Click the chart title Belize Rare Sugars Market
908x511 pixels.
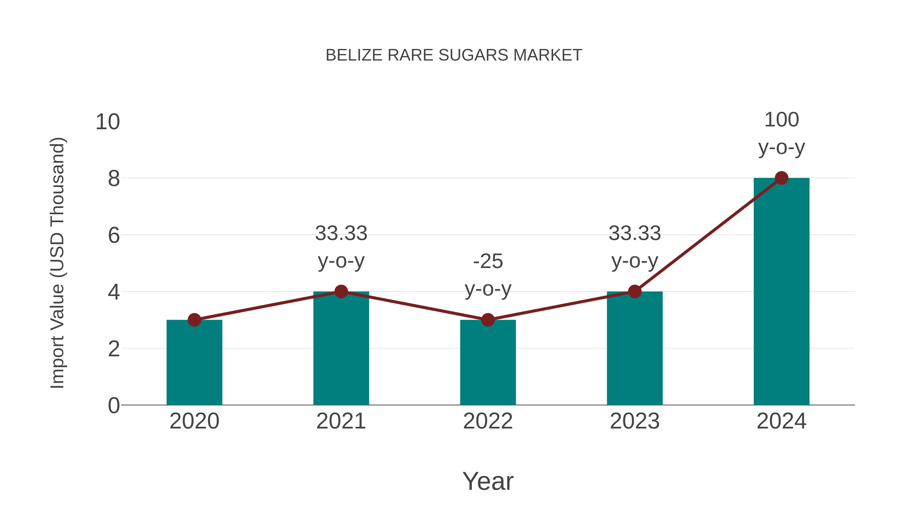(x=454, y=55)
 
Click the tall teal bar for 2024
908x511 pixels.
(x=781, y=293)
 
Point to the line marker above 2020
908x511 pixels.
(x=194, y=320)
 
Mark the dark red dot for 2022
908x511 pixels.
(x=488, y=320)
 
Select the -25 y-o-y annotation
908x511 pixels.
(x=488, y=275)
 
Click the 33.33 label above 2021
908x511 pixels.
(x=341, y=233)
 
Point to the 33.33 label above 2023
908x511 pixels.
(x=635, y=233)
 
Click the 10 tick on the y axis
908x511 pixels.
(x=108, y=122)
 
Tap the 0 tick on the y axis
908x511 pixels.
(x=114, y=406)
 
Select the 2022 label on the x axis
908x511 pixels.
(x=488, y=421)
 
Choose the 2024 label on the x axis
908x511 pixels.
(x=781, y=421)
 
